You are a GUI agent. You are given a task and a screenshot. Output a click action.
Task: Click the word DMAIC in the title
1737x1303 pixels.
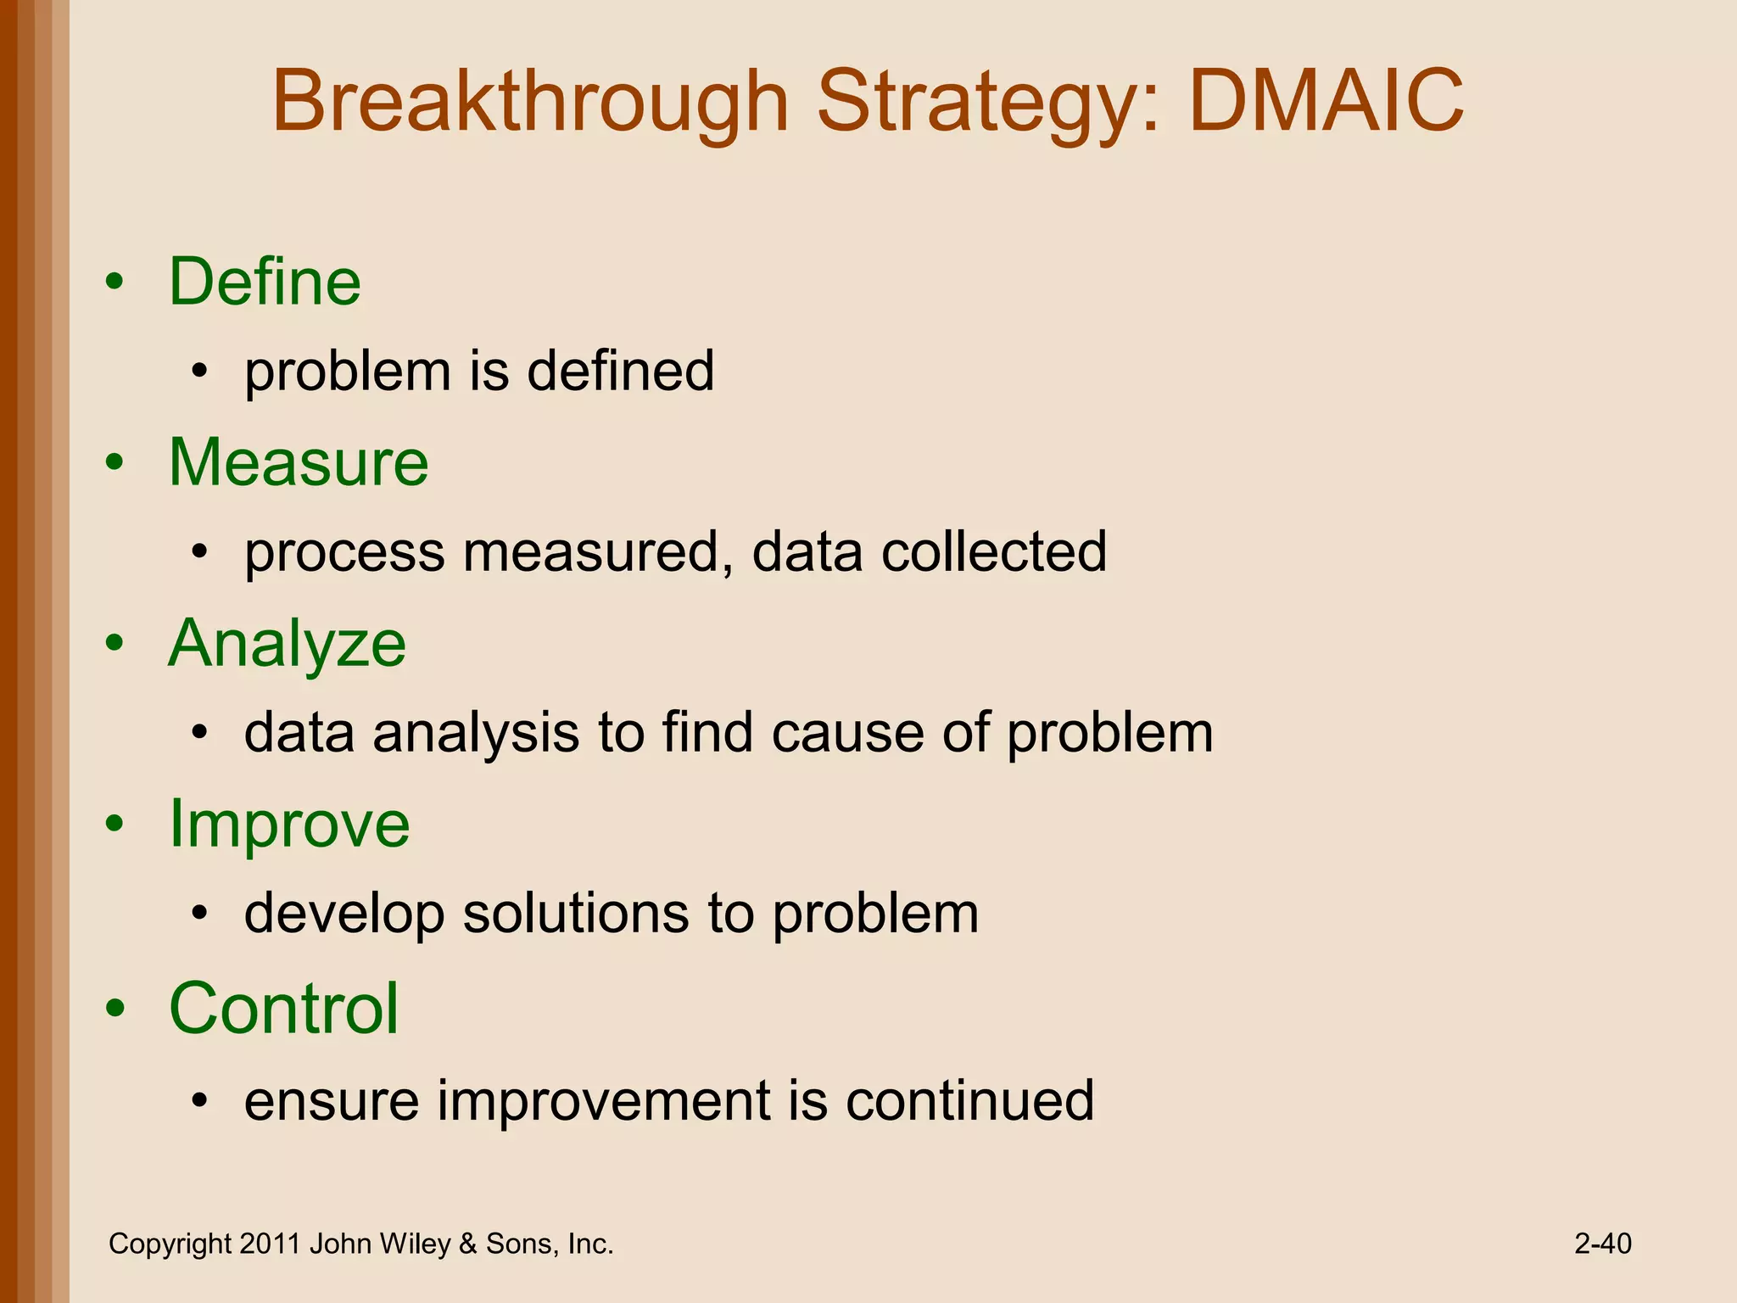1326,102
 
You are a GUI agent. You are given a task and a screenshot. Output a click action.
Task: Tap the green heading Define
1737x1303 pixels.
265,282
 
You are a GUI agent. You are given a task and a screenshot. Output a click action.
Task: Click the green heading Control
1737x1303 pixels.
283,1008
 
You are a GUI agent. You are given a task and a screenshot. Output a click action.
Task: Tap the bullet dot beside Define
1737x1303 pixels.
115,283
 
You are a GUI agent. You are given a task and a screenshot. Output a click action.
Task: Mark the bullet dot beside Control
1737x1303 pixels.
115,1009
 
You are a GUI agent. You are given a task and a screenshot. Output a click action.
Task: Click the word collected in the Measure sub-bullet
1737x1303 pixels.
993,551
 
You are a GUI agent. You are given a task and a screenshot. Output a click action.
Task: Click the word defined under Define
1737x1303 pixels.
620,371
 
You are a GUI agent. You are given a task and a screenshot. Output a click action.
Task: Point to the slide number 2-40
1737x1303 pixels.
1602,1244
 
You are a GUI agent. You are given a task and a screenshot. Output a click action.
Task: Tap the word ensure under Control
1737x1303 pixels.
332,1101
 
